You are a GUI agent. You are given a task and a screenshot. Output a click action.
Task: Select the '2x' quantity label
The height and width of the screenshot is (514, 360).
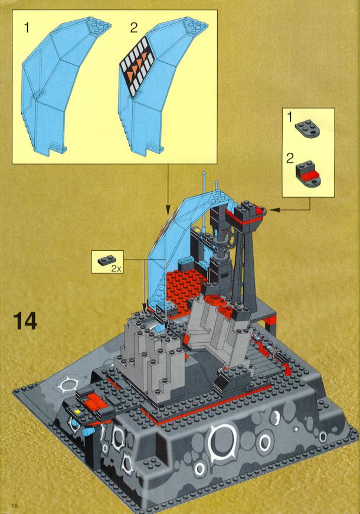click(116, 269)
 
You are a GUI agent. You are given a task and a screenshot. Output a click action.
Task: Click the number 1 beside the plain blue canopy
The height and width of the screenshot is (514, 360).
click(27, 28)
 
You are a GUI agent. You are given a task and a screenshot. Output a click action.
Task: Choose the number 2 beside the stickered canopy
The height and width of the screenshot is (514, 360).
click(133, 28)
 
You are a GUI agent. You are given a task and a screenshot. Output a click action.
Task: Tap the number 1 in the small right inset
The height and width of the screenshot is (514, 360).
click(290, 117)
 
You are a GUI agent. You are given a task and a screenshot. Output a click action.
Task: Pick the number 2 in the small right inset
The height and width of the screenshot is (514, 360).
click(290, 159)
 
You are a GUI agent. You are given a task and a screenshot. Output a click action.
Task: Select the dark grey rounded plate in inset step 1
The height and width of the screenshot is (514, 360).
click(307, 128)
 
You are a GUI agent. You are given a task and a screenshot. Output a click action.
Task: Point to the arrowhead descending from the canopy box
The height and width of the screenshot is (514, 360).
click(168, 210)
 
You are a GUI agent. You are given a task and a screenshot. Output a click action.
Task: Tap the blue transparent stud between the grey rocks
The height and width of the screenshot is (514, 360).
click(161, 328)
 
